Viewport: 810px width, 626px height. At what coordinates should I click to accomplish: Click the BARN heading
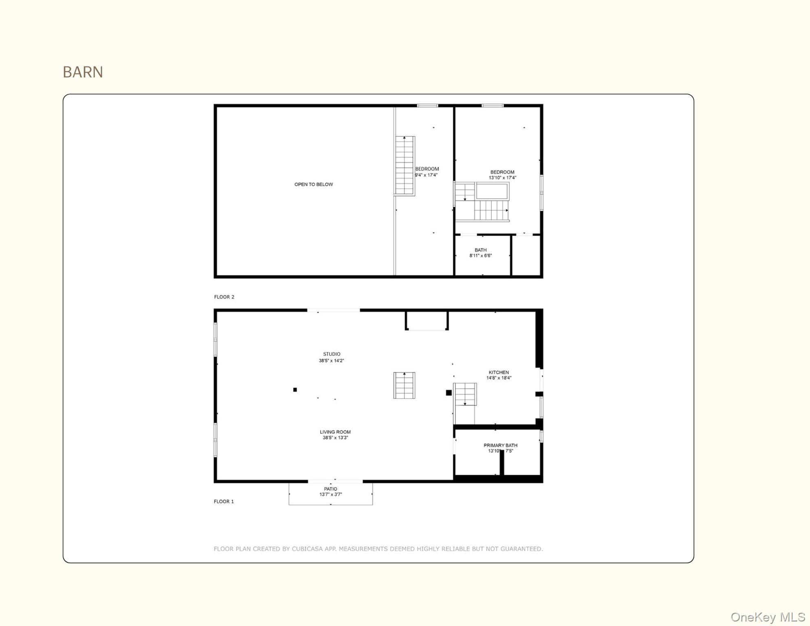click(x=83, y=72)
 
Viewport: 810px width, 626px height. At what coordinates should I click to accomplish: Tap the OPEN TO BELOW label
click(x=313, y=184)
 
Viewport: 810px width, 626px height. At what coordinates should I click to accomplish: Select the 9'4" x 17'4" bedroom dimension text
click(x=426, y=175)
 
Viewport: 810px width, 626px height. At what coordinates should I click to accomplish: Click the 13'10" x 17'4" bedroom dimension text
click(x=502, y=178)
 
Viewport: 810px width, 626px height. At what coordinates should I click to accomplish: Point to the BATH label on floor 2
click(x=480, y=250)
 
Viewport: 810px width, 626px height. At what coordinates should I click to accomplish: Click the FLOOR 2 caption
click(x=224, y=297)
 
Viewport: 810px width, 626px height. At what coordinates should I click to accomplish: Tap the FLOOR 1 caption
click(x=224, y=501)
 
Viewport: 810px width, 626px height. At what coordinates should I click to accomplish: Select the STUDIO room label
click(x=332, y=354)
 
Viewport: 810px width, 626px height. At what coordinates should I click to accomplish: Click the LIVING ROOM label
click(x=335, y=432)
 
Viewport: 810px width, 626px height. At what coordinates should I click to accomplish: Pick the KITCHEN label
click(x=499, y=372)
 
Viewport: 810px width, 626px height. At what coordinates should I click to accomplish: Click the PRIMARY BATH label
click(x=500, y=445)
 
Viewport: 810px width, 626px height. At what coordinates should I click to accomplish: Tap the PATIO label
click(x=330, y=489)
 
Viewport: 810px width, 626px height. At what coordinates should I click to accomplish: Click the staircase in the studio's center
click(x=404, y=385)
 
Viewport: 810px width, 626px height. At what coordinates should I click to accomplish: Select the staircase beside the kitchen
click(x=465, y=394)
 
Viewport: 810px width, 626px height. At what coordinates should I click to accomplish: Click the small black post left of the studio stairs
click(x=295, y=390)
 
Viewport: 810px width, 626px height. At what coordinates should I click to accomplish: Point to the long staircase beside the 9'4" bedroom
click(x=405, y=165)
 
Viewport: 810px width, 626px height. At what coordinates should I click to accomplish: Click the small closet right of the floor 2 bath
click(x=526, y=256)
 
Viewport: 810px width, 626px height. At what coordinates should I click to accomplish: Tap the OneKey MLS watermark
click(x=767, y=617)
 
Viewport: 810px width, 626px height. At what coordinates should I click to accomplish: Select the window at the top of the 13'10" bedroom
click(x=492, y=106)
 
